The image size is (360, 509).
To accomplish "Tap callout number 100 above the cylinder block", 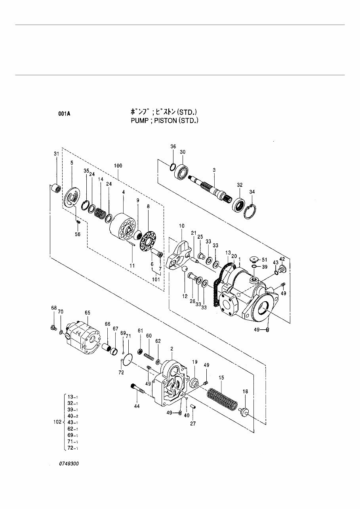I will (118, 165).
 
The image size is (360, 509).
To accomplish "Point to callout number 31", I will (56, 154).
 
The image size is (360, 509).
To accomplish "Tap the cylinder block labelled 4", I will (122, 227).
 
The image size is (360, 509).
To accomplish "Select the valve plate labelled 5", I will (72, 197).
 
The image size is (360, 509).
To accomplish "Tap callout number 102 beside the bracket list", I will (57, 422).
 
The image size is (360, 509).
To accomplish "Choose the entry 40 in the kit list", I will (70, 416).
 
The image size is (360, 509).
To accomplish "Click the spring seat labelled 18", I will (244, 410).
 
